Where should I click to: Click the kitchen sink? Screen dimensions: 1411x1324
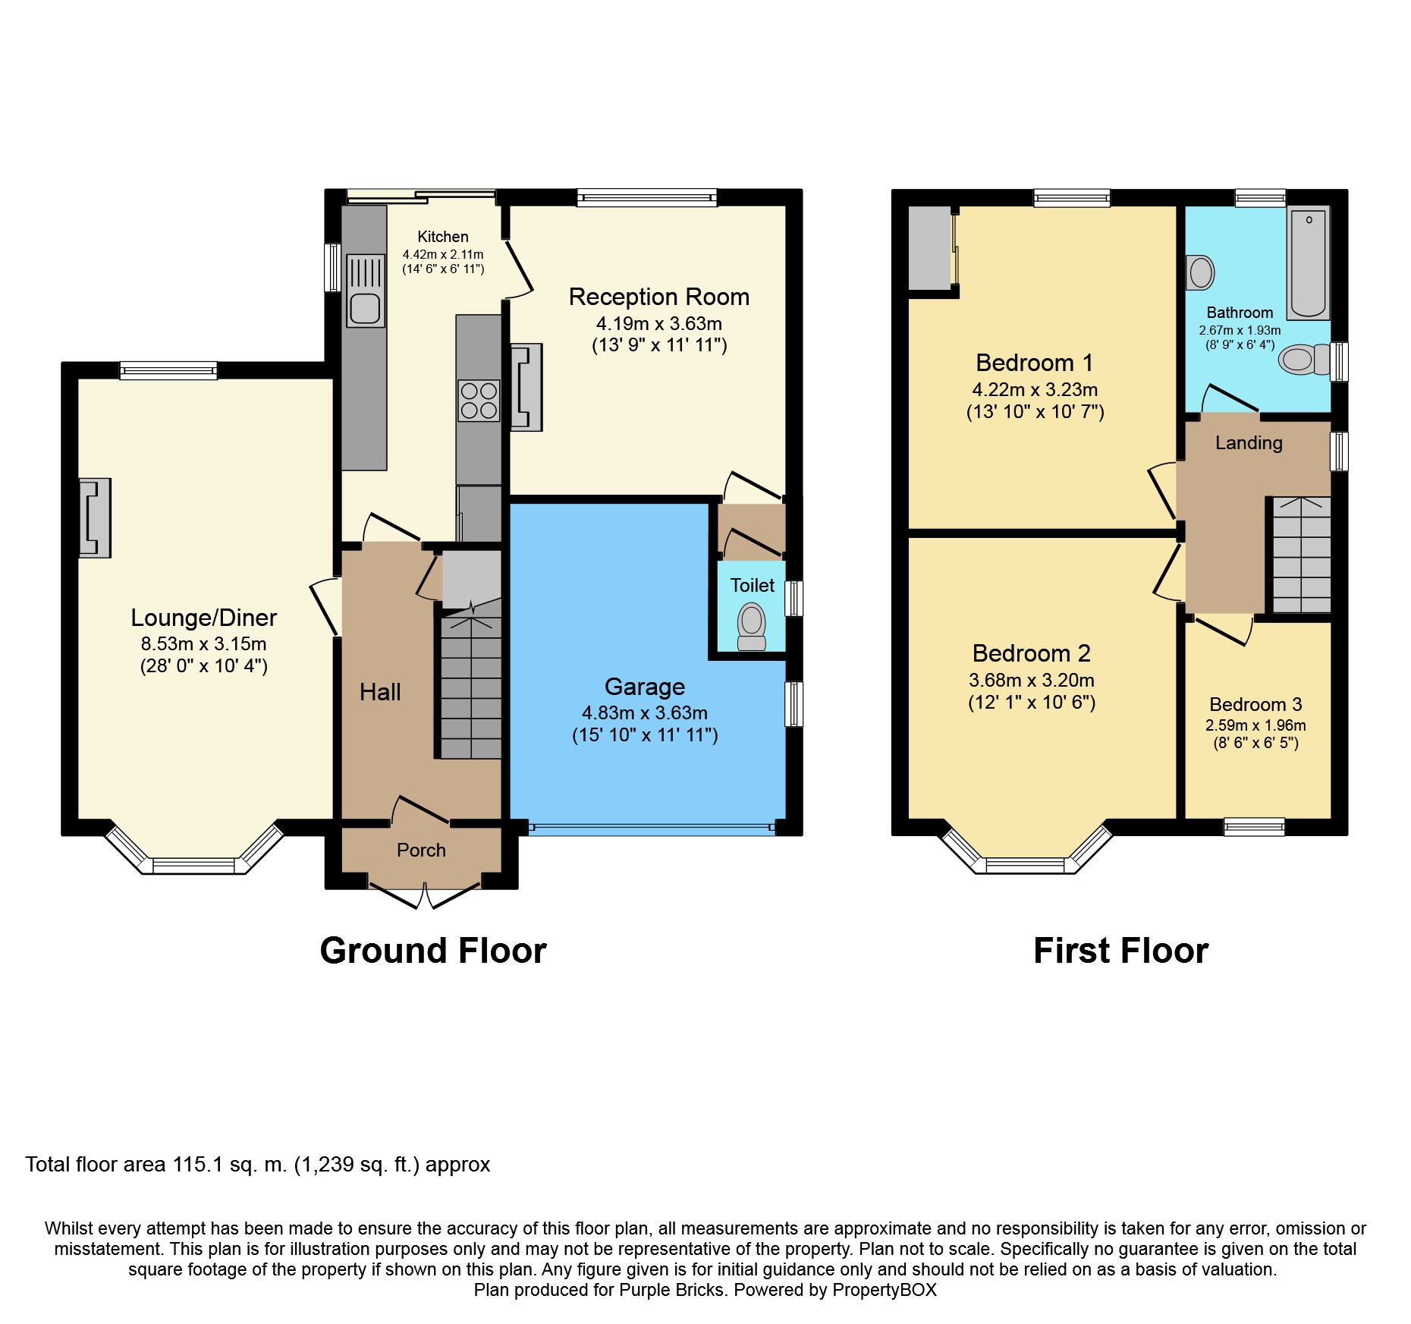click(366, 290)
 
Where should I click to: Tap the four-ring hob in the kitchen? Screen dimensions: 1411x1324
click(479, 401)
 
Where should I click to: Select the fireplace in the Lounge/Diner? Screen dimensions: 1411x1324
click(95, 517)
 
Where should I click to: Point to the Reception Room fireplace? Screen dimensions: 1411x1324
click(526, 387)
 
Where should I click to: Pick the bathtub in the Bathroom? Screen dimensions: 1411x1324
click(1309, 263)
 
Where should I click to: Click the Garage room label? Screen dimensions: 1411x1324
click(645, 687)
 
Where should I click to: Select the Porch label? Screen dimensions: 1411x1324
click(421, 850)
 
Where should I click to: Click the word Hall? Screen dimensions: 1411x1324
click(380, 692)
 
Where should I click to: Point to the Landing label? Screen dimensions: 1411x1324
click(1249, 443)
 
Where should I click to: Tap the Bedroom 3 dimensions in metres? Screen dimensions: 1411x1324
click(1255, 725)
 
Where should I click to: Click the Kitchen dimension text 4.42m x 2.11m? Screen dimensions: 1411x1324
click(443, 255)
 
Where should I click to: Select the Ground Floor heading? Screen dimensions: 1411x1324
click(433, 951)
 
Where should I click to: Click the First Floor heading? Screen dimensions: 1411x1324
click(1120, 951)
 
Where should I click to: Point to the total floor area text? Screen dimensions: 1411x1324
click(258, 1165)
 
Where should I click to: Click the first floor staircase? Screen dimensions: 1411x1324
click(1302, 555)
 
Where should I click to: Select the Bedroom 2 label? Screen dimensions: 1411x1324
click(1032, 653)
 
